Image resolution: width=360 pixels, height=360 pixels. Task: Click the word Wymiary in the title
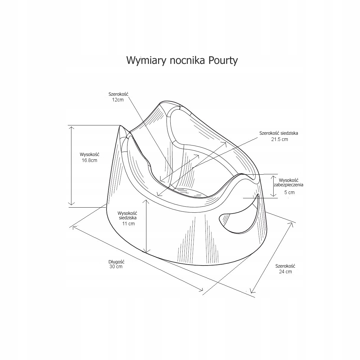tap(144, 60)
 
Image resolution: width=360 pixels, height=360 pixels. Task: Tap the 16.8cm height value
tap(89, 160)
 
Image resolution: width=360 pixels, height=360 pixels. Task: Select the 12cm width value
tap(118, 100)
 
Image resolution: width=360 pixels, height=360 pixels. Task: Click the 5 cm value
tap(289, 192)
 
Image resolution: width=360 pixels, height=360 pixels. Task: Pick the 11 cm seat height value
tap(128, 223)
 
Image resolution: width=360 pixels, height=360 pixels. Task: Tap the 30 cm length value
tap(116, 266)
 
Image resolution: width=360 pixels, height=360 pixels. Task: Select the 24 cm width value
tap(285, 271)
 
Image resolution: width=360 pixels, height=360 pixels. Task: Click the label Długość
tap(116, 262)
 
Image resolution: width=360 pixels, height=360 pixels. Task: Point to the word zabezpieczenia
tap(289, 185)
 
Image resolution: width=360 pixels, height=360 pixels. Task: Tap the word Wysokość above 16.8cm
tap(89, 154)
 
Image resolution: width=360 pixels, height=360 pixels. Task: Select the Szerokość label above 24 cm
tap(285, 266)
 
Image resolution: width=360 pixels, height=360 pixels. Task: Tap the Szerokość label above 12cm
tap(118, 94)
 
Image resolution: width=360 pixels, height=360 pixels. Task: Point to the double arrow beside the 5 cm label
tap(273, 186)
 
